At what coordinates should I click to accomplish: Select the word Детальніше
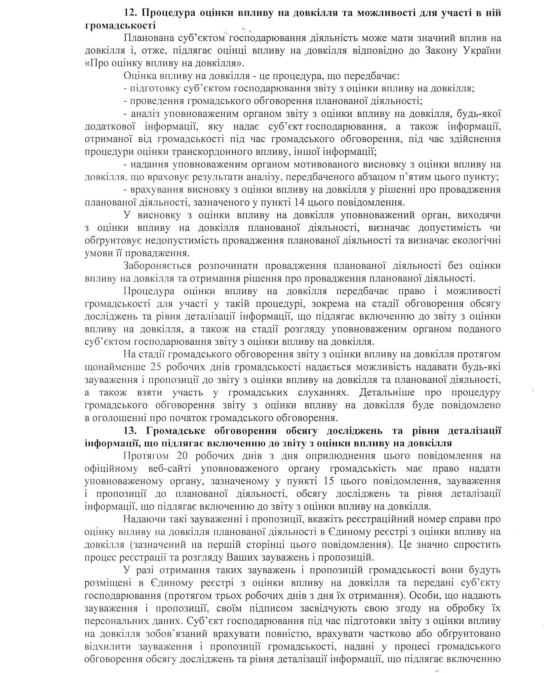[391, 393]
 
